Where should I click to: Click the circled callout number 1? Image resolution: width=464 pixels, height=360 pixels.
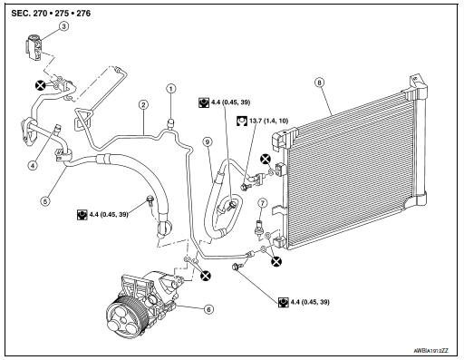pos(171,89)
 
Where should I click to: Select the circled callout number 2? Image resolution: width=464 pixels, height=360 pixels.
pos(143,105)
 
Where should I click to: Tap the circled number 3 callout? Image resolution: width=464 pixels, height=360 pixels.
pos(63,26)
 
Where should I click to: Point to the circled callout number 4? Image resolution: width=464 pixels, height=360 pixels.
pos(33,165)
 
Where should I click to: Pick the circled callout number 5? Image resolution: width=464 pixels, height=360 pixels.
pos(45,201)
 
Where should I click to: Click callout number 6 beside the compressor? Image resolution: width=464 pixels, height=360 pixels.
pos(208,309)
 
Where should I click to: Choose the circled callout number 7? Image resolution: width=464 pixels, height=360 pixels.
pos(262,203)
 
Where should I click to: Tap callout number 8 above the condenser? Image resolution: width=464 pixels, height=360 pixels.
pos(319,83)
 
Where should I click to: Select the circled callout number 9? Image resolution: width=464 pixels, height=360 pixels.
pos(208,141)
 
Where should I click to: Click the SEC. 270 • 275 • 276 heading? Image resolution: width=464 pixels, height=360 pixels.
pos(51,14)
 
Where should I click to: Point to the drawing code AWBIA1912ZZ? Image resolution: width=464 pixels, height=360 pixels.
pos(431,351)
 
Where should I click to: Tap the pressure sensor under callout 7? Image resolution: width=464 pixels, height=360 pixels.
pos(258,229)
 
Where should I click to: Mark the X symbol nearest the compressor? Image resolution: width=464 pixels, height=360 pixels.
pos(206,276)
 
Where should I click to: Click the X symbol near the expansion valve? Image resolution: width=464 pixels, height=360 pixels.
pos(40,85)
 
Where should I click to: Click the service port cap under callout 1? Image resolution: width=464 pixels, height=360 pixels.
pos(171,123)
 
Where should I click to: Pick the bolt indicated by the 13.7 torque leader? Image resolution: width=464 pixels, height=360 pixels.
pos(244,186)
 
